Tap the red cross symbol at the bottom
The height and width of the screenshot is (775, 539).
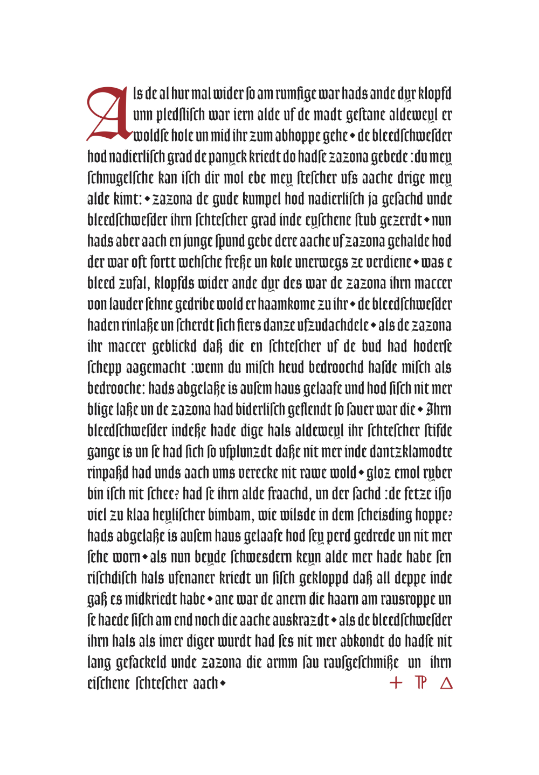pyautogui.click(x=396, y=683)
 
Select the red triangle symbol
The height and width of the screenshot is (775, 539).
pyautogui.click(x=446, y=683)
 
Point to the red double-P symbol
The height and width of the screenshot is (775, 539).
pyautogui.click(x=421, y=683)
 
